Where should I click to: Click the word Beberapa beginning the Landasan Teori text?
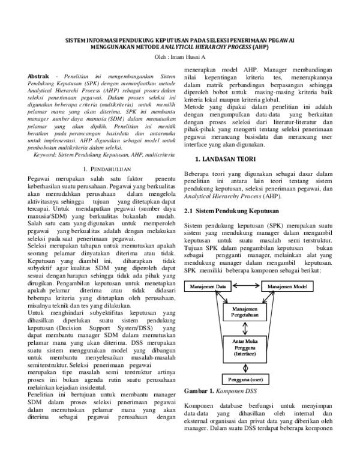pos(199,174)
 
